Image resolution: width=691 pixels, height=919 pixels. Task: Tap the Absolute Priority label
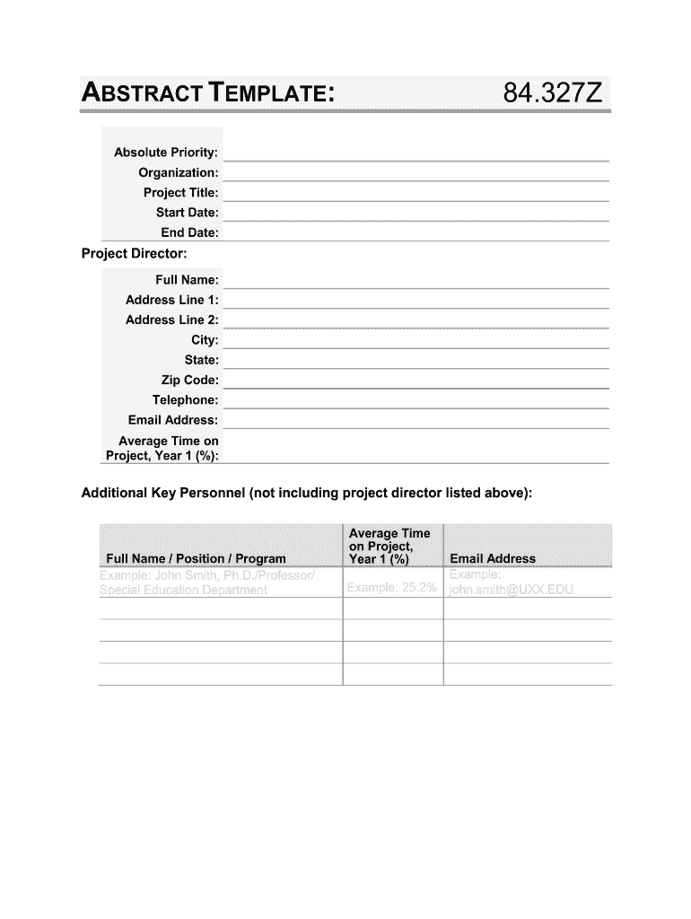166,153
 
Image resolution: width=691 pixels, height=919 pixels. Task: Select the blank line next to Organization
415,172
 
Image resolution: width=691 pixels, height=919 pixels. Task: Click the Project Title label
180,193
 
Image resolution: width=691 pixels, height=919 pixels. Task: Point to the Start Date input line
415,213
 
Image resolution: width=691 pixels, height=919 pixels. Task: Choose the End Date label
189,233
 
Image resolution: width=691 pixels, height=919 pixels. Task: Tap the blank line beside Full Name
415,280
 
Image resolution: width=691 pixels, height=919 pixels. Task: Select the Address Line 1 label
172,300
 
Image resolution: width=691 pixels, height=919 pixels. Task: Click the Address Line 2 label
172,319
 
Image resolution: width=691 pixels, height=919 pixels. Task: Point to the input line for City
415,340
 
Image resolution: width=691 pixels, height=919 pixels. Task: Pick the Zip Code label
189,381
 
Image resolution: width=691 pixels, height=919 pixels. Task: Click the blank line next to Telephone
415,400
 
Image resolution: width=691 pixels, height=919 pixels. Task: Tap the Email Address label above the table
173,420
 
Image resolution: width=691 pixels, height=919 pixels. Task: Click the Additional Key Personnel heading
307,494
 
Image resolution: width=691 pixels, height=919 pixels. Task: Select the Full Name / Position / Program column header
196,558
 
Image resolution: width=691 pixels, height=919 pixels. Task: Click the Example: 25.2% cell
392,588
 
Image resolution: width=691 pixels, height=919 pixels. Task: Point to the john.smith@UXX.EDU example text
511,591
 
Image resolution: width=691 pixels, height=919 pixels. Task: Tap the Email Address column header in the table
493,558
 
